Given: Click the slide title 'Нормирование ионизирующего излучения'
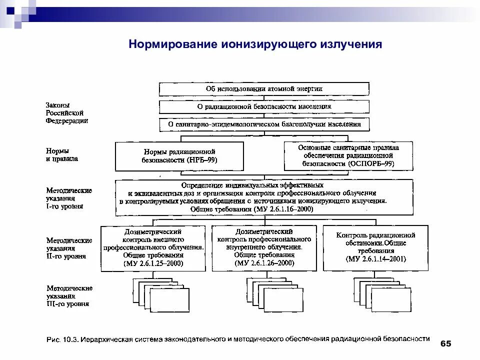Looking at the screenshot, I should point(255,44).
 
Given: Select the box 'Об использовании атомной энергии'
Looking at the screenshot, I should point(264,89).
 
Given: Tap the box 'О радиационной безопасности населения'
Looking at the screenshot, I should point(264,107).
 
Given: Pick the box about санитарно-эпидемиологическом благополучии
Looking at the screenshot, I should point(264,124).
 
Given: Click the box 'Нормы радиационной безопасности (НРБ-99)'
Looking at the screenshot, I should point(179,156).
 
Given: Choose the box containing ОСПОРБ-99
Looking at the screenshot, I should point(348,155).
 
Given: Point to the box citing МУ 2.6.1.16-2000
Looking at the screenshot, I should point(264,197).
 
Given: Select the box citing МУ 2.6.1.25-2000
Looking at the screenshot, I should point(153,248).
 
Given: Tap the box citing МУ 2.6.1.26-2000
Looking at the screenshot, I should point(264,248).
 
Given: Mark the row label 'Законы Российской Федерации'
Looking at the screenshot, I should point(67,113).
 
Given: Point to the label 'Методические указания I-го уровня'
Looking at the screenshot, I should point(69,198).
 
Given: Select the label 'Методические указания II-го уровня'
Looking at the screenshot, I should point(69,248).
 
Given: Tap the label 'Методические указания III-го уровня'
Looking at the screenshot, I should point(69,296).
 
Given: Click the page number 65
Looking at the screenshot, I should point(445,343).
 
